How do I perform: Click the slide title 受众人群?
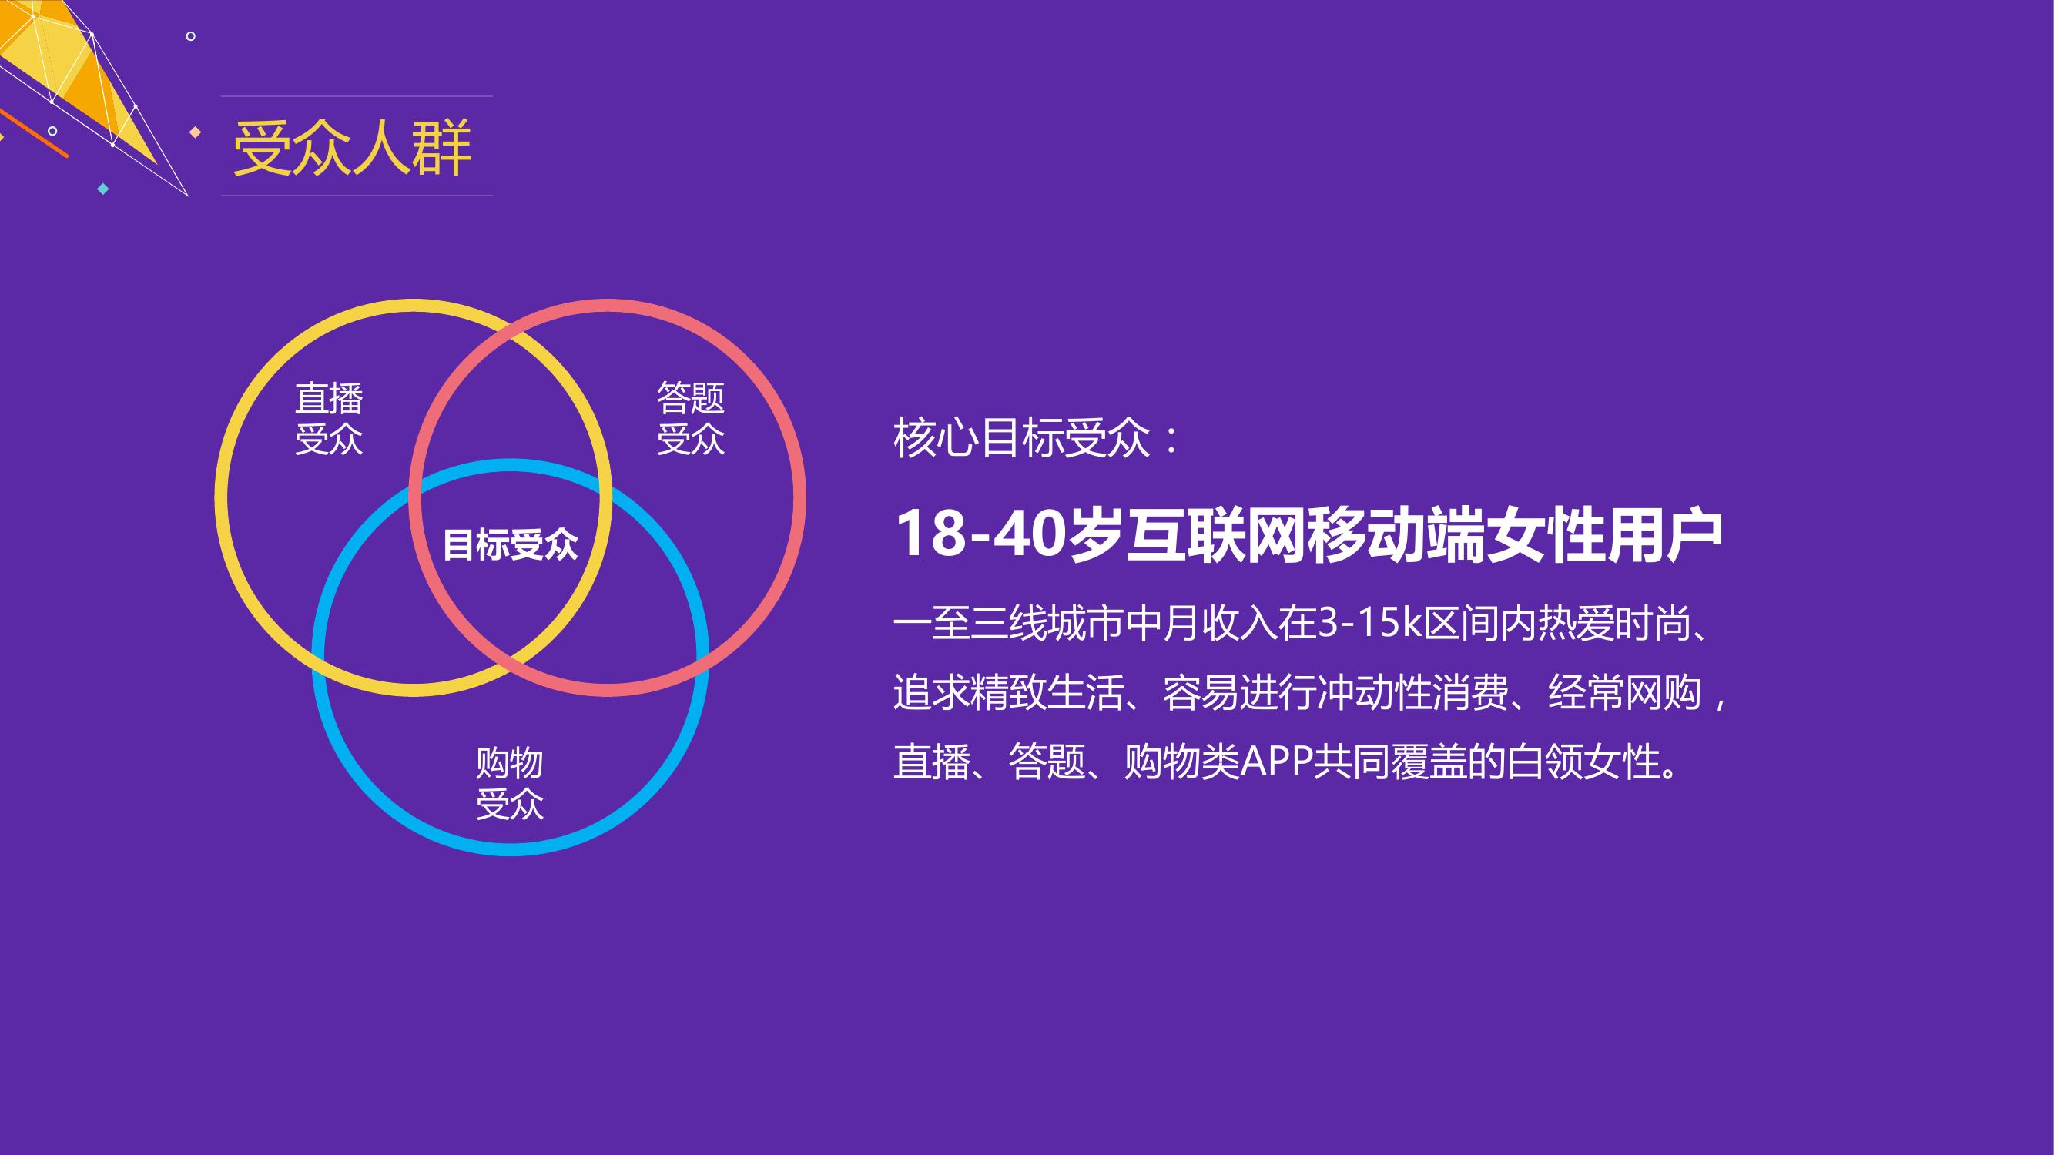pos(353,148)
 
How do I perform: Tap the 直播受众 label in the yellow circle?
pos(330,418)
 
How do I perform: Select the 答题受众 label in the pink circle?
pos(691,418)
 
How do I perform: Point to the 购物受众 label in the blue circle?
pos(511,784)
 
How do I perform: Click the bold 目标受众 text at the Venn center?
pos(511,545)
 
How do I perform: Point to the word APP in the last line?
pos(1278,762)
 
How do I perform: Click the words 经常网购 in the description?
pos(1625,693)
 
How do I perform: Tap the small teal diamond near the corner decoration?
pos(102,189)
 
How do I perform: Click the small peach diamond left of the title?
pos(195,132)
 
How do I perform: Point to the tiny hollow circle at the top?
pos(190,36)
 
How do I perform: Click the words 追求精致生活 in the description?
pos(1009,693)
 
